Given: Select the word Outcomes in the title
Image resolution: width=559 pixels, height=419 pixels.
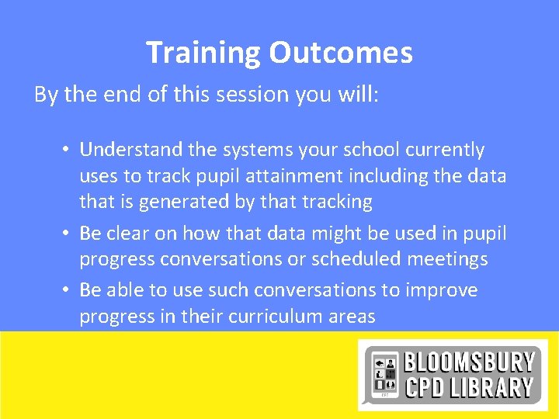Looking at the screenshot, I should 341,53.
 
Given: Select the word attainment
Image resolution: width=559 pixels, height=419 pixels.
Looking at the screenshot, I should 275,176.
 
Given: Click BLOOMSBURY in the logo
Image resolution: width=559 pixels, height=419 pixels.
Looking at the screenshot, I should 469,362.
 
